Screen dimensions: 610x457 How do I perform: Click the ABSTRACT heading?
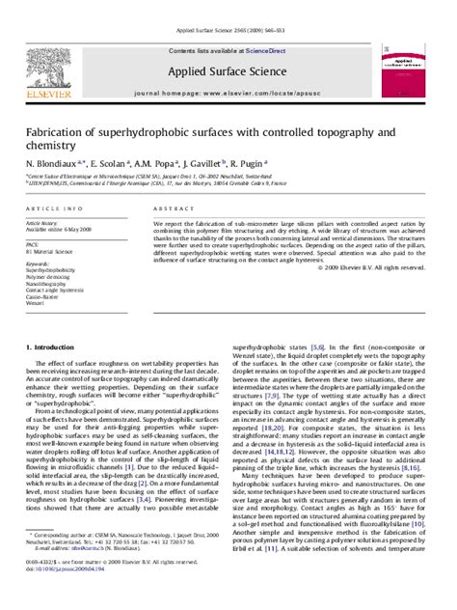(168, 208)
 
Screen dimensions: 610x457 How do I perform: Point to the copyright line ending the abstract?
(367, 265)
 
